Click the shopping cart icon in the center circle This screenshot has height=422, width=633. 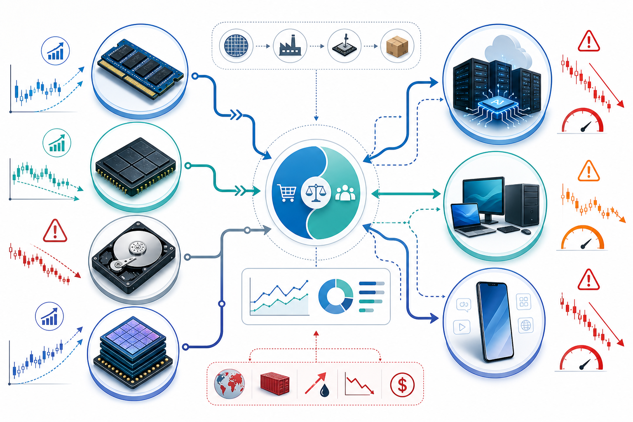pos(286,193)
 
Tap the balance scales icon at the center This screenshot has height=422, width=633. pos(316,193)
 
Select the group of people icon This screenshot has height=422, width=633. pos(345,193)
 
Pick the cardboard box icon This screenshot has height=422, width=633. pos(397,46)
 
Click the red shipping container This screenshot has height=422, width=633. pos(275,383)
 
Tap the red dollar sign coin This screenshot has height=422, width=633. pos(402,384)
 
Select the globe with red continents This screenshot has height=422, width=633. pos(230,384)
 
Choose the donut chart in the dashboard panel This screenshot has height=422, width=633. pos(335,296)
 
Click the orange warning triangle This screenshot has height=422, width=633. pos(588,171)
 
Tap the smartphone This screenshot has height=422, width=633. pos(495,322)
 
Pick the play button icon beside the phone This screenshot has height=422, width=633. pos(462,327)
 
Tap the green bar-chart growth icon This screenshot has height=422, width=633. pos(57,143)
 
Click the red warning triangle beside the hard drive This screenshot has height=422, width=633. pos(55,231)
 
